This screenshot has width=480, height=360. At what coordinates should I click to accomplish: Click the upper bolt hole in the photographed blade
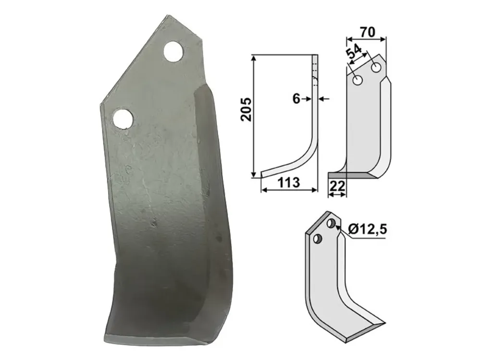tap(173, 51)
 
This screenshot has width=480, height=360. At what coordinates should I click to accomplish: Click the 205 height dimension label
tap(246, 109)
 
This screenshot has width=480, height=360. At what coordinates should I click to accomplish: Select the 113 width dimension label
tap(289, 182)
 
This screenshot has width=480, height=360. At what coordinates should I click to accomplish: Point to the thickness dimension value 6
tap(296, 99)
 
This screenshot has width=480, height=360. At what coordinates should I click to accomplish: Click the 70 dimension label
tap(367, 32)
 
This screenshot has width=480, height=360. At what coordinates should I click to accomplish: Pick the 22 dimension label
tap(337, 186)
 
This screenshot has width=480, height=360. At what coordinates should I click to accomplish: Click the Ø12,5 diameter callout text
tap(367, 228)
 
